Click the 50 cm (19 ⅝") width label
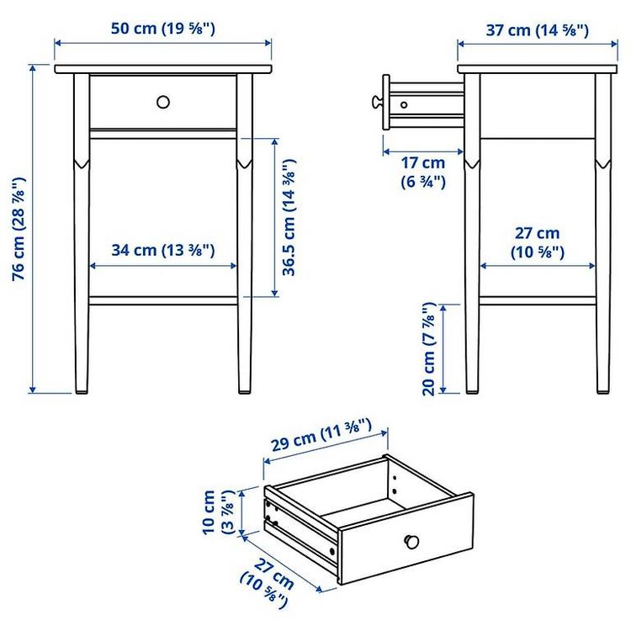point(163,29)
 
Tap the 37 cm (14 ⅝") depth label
point(538,30)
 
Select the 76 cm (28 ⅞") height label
point(19,229)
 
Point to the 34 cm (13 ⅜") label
point(163,250)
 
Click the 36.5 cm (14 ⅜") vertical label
point(289,218)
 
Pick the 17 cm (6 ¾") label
point(423,172)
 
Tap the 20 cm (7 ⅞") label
point(429,349)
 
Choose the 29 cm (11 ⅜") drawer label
point(321,436)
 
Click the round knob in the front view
point(163,102)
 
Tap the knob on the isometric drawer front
point(411,541)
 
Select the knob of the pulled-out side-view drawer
point(377,102)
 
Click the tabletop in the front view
point(163,69)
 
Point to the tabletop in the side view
point(538,69)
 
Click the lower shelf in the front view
point(163,300)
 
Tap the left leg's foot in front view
point(82,390)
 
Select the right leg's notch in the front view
point(245,164)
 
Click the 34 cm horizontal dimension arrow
point(162,266)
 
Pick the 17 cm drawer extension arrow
point(423,151)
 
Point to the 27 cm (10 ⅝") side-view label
point(538,242)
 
